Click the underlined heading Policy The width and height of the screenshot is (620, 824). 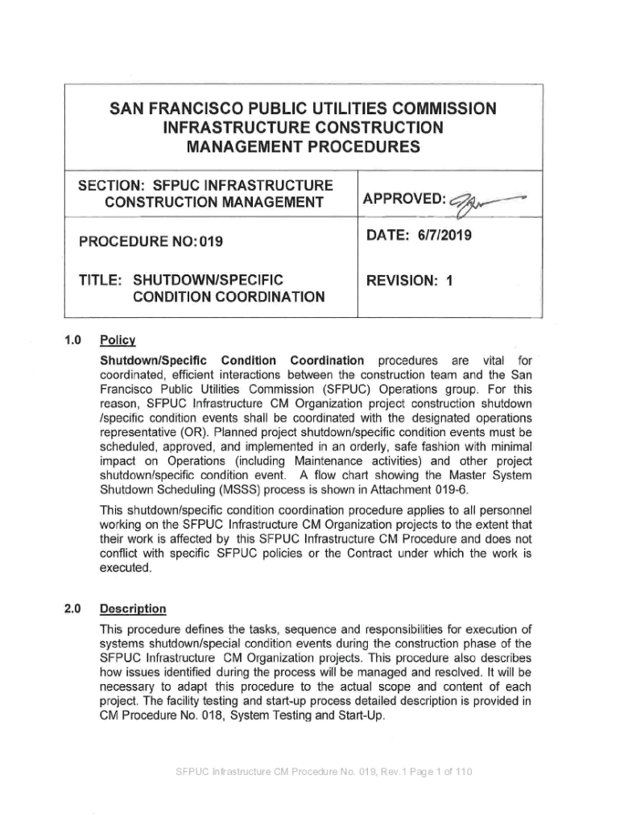coord(117,340)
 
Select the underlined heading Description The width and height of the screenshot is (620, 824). coord(132,608)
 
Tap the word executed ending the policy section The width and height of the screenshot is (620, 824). coord(124,567)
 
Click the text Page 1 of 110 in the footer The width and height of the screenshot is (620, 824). coord(430,772)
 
